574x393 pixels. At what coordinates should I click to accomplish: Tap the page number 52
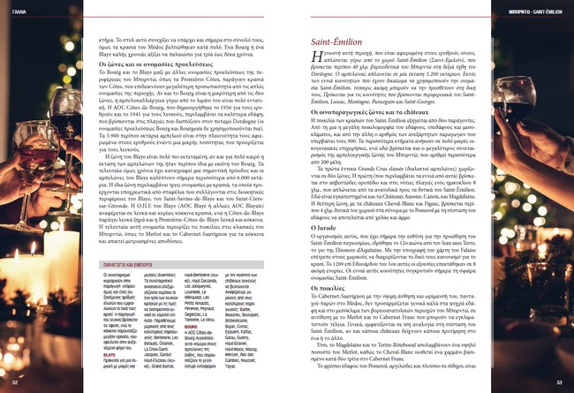pyautogui.click(x=16, y=382)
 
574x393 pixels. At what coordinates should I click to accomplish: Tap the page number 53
pyautogui.click(x=558, y=382)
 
